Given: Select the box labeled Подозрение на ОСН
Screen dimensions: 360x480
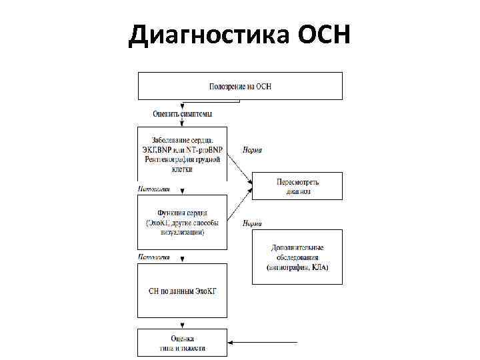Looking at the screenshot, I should [x=240, y=87].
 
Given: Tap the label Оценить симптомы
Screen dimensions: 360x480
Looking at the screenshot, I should [x=183, y=114].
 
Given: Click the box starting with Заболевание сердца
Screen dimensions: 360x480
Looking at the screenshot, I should [x=182, y=154].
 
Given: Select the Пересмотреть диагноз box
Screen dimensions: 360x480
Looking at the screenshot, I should [x=297, y=186].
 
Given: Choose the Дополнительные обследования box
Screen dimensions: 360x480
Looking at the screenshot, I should [x=297, y=257].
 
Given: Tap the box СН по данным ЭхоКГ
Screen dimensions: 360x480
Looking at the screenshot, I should [x=182, y=291].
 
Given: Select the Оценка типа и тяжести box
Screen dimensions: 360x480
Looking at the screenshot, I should [x=182, y=343].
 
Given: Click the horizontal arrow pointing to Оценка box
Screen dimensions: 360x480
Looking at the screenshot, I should [x=263, y=343].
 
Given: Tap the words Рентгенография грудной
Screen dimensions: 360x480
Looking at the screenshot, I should [x=182, y=159].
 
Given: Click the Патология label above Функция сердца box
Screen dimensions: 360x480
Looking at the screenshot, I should [x=154, y=189].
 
